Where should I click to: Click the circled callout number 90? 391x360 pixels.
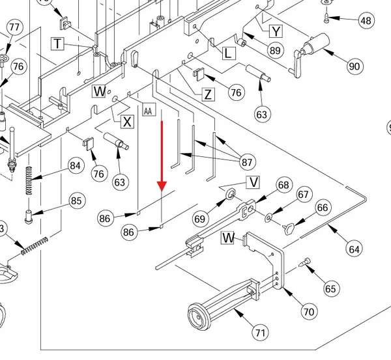[x=355, y=66]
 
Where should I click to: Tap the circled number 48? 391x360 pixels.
[x=366, y=21]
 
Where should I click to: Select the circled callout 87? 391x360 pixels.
[x=247, y=163]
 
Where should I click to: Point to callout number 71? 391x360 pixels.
[x=260, y=333]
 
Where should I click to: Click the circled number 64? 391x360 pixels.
[x=354, y=249]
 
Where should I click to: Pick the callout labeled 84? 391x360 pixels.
[x=76, y=165]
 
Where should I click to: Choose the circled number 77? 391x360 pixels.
[x=14, y=27]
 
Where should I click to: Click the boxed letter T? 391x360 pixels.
[x=57, y=44]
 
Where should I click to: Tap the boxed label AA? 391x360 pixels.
[x=149, y=109]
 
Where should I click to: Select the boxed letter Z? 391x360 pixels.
[x=208, y=94]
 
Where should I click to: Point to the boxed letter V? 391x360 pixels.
[x=253, y=182]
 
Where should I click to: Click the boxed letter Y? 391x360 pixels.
[x=276, y=31]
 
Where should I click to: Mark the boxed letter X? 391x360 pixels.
[x=127, y=122]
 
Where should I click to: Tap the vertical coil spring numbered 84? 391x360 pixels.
[x=29, y=180]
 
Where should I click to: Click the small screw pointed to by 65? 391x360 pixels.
[x=305, y=262]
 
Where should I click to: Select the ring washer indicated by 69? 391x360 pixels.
[x=231, y=193]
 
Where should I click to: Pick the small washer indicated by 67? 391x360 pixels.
[x=268, y=217]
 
